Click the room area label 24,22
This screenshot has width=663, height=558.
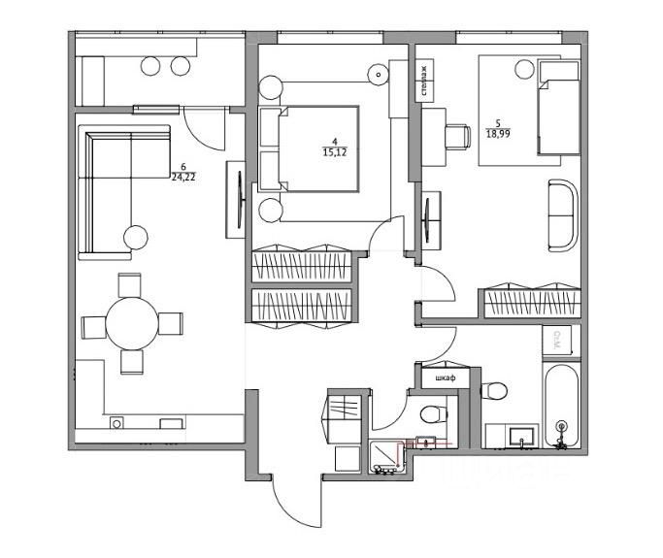tap(183, 178)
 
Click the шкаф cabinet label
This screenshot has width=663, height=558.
tap(446, 377)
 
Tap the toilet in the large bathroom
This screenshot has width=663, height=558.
tap(495, 391)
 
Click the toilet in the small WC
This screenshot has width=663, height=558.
tap(432, 414)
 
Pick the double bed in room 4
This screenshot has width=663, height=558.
tap(320, 149)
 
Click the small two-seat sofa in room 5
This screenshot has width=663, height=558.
tap(562, 214)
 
